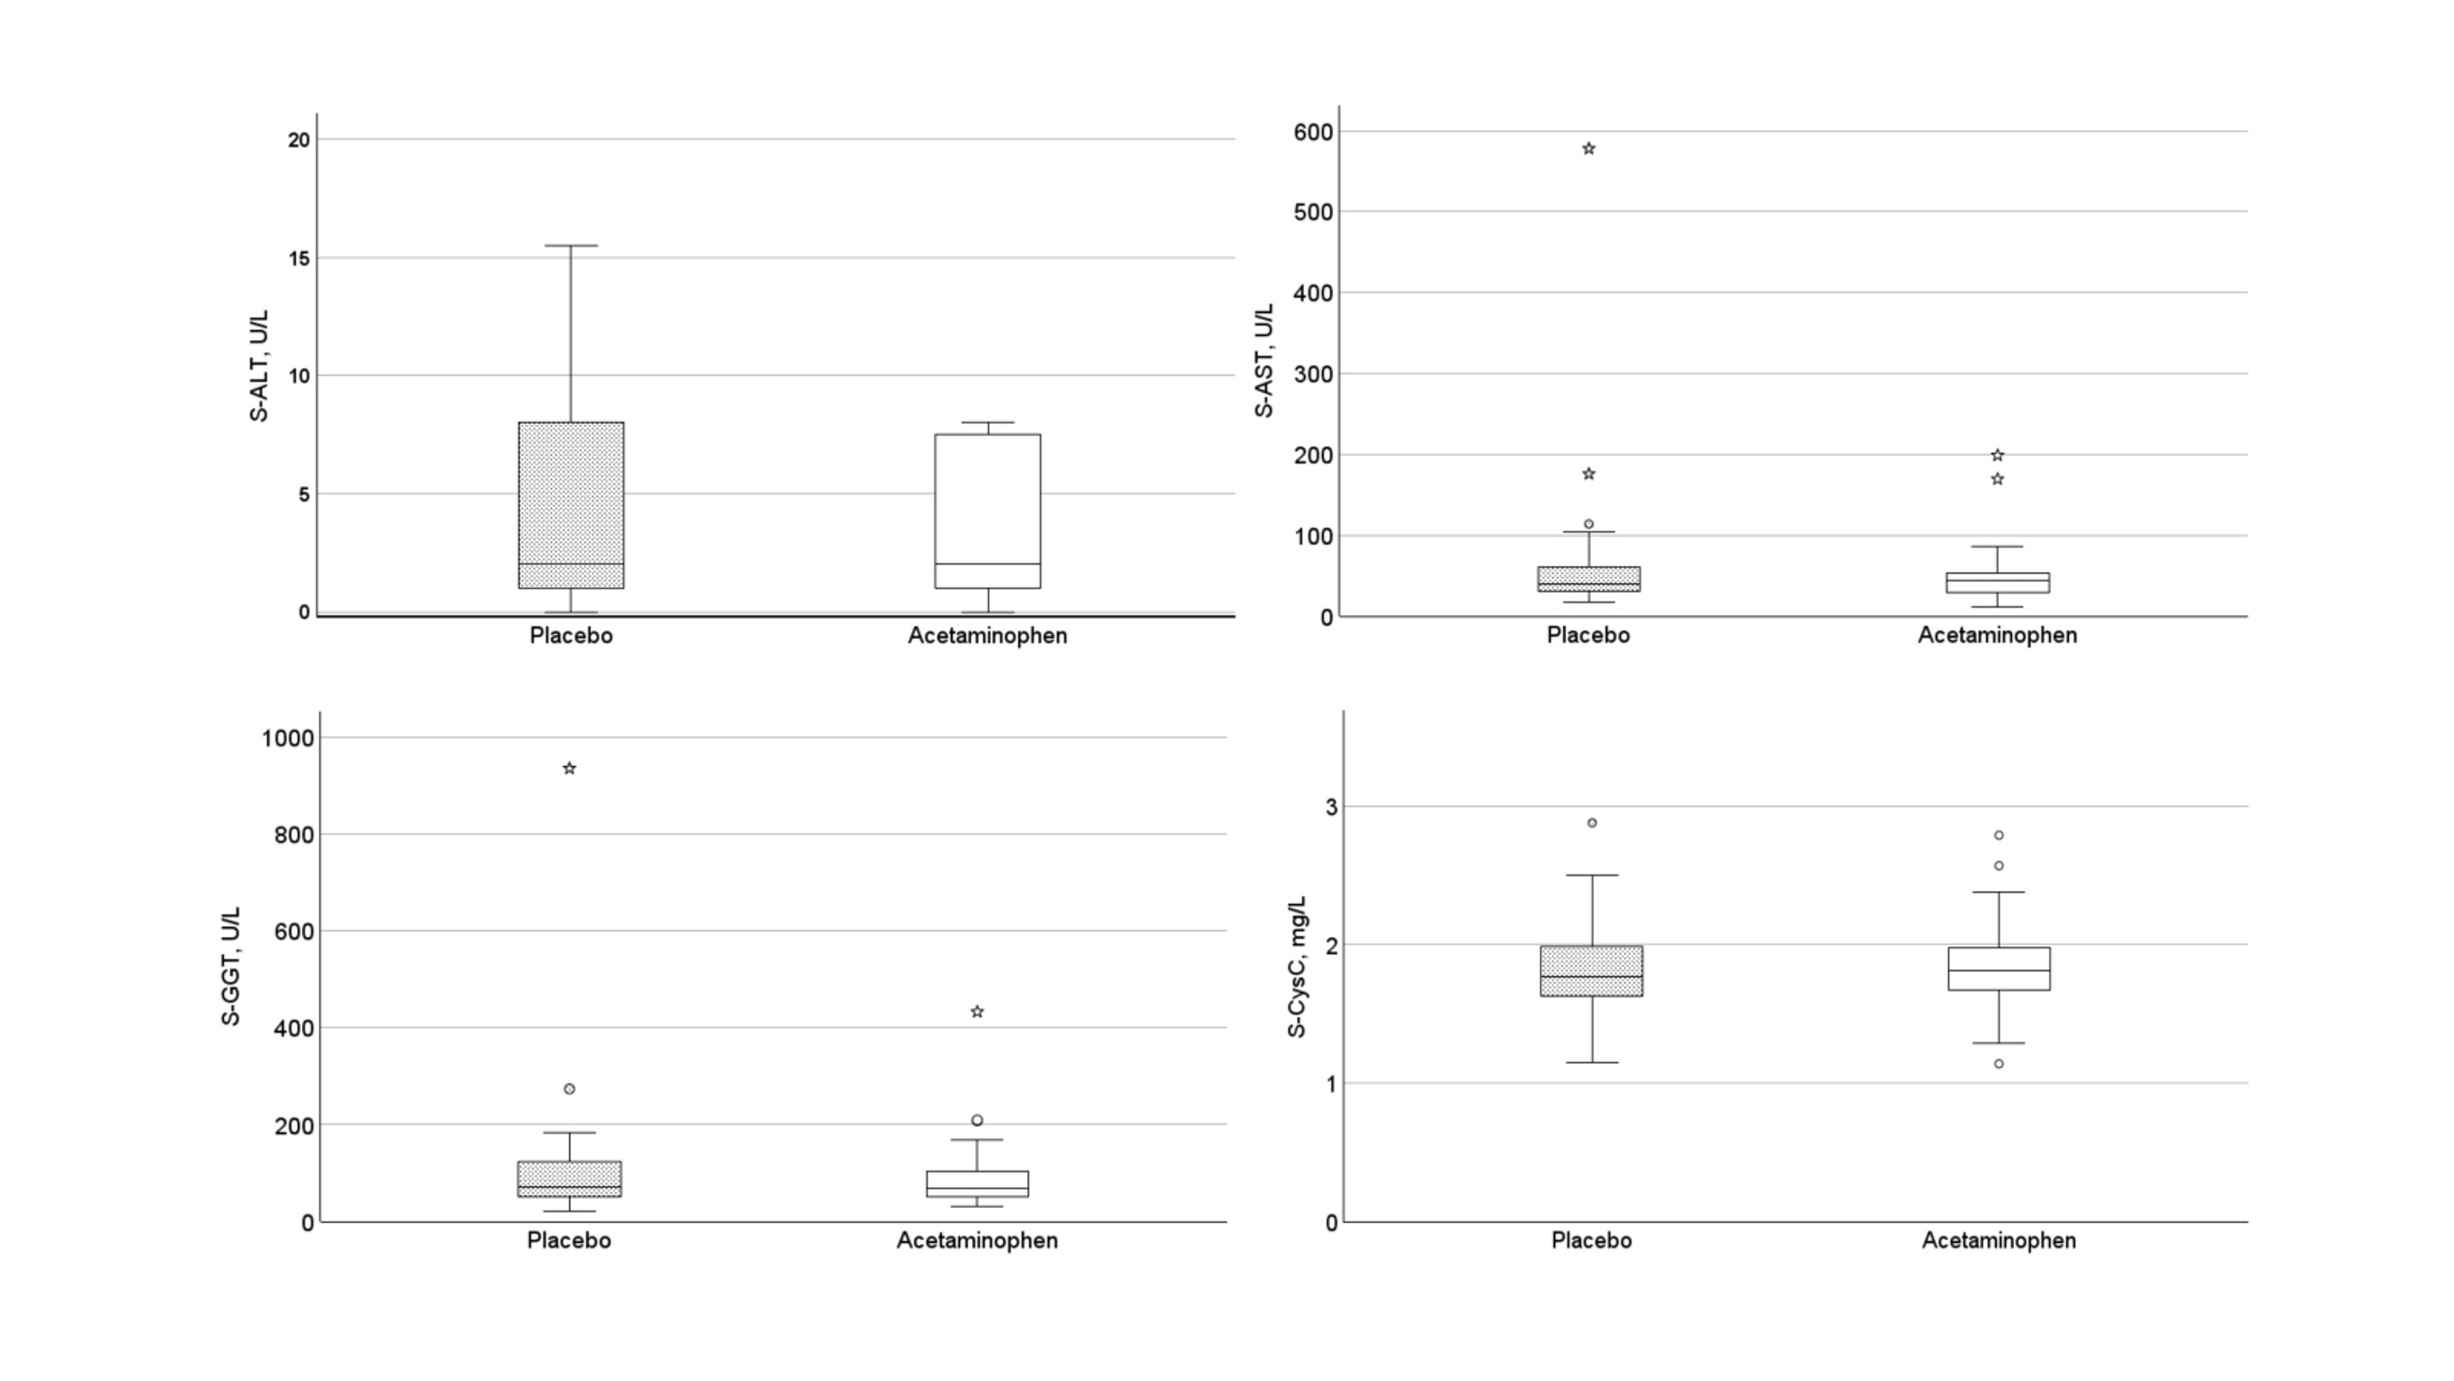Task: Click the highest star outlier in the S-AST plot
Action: (1588, 149)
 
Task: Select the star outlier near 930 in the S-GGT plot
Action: (570, 769)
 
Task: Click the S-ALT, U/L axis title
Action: (259, 366)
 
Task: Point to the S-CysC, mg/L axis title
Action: (1298, 967)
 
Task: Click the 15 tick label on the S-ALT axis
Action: (299, 257)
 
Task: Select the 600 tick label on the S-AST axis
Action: (1313, 132)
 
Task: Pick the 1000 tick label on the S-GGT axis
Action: (288, 738)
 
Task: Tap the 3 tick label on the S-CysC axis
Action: (1331, 807)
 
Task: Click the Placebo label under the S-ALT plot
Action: (571, 636)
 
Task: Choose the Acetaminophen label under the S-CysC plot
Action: (1999, 1241)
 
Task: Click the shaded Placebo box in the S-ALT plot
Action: (571, 505)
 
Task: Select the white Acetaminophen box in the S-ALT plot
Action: (987, 511)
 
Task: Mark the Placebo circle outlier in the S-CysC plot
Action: (1592, 822)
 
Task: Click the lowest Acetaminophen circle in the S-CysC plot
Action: (1999, 1064)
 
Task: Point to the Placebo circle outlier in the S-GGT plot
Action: (570, 1089)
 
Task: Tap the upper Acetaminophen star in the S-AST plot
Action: (1998, 456)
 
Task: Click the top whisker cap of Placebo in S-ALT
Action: (571, 246)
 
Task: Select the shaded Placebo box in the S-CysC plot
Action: (1591, 970)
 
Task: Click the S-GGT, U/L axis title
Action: (230, 966)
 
